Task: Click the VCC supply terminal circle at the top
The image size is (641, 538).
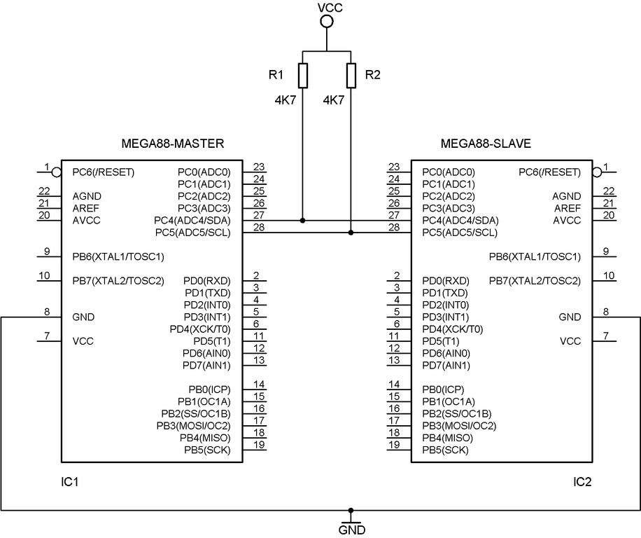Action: tap(326, 21)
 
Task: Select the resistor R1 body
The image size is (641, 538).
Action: tap(302, 76)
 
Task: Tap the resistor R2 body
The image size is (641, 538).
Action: tap(351, 76)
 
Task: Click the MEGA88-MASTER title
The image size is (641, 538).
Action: tap(173, 144)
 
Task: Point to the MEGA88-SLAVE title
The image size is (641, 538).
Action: tap(486, 144)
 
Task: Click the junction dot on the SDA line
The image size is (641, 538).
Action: tap(302, 221)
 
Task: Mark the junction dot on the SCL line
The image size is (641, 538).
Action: tap(351, 233)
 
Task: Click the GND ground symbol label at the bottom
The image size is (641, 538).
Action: tap(352, 530)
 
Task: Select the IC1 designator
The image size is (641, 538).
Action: tap(69, 482)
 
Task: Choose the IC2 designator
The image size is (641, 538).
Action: tap(582, 482)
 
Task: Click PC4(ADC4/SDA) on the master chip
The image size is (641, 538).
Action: tap(192, 221)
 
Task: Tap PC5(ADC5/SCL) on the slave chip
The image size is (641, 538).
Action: tap(460, 233)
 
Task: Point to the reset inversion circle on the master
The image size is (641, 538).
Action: tap(57, 172)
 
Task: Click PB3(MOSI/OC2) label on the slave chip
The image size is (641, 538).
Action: tap(459, 426)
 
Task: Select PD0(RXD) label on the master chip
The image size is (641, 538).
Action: tap(207, 281)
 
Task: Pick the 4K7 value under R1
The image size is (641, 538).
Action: tap(286, 100)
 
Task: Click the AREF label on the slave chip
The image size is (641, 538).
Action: tap(568, 208)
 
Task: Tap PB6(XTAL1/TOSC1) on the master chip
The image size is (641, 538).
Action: tap(118, 257)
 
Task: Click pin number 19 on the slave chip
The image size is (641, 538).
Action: tap(394, 445)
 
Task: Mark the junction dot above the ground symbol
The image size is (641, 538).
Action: tap(351, 511)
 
